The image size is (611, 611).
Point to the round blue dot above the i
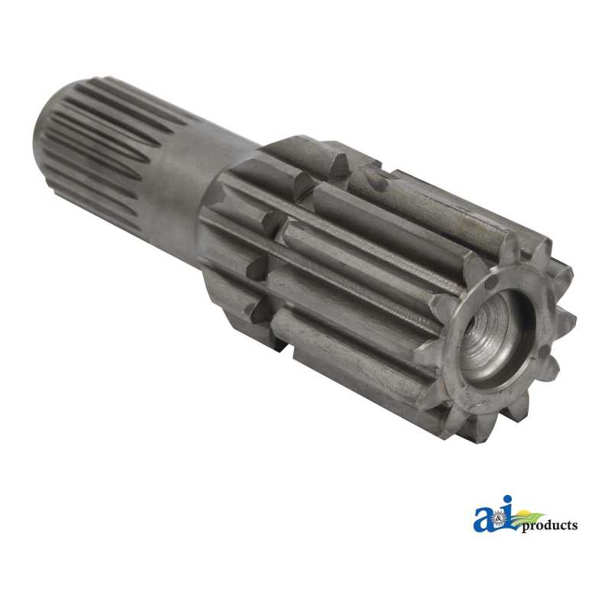[x=507, y=501]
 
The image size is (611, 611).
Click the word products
[x=549, y=526]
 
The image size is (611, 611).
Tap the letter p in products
[x=526, y=528]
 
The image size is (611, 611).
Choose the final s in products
[x=574, y=526]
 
